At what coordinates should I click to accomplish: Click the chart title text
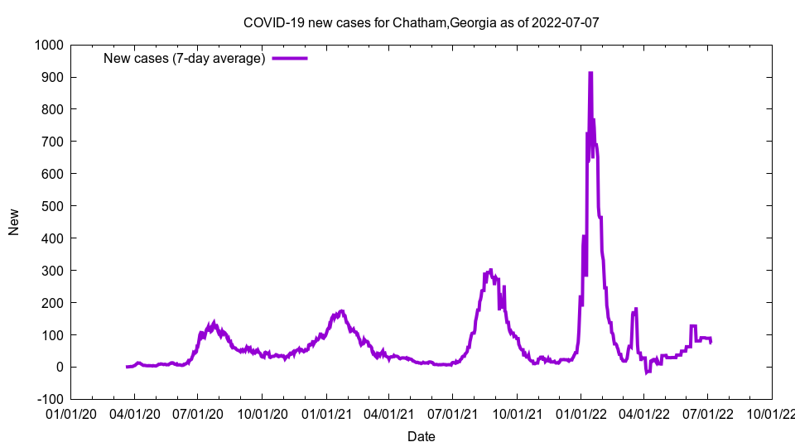(421, 22)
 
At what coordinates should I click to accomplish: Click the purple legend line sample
(290, 58)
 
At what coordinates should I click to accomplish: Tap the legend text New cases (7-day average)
(184, 58)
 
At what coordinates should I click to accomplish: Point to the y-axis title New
(14, 222)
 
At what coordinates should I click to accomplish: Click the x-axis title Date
(421, 436)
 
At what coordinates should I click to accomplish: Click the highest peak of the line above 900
(590, 73)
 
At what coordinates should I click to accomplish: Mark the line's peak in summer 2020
(214, 324)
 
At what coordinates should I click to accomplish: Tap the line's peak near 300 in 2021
(491, 270)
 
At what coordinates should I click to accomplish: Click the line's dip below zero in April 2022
(647, 372)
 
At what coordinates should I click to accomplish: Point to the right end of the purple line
(711, 342)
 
